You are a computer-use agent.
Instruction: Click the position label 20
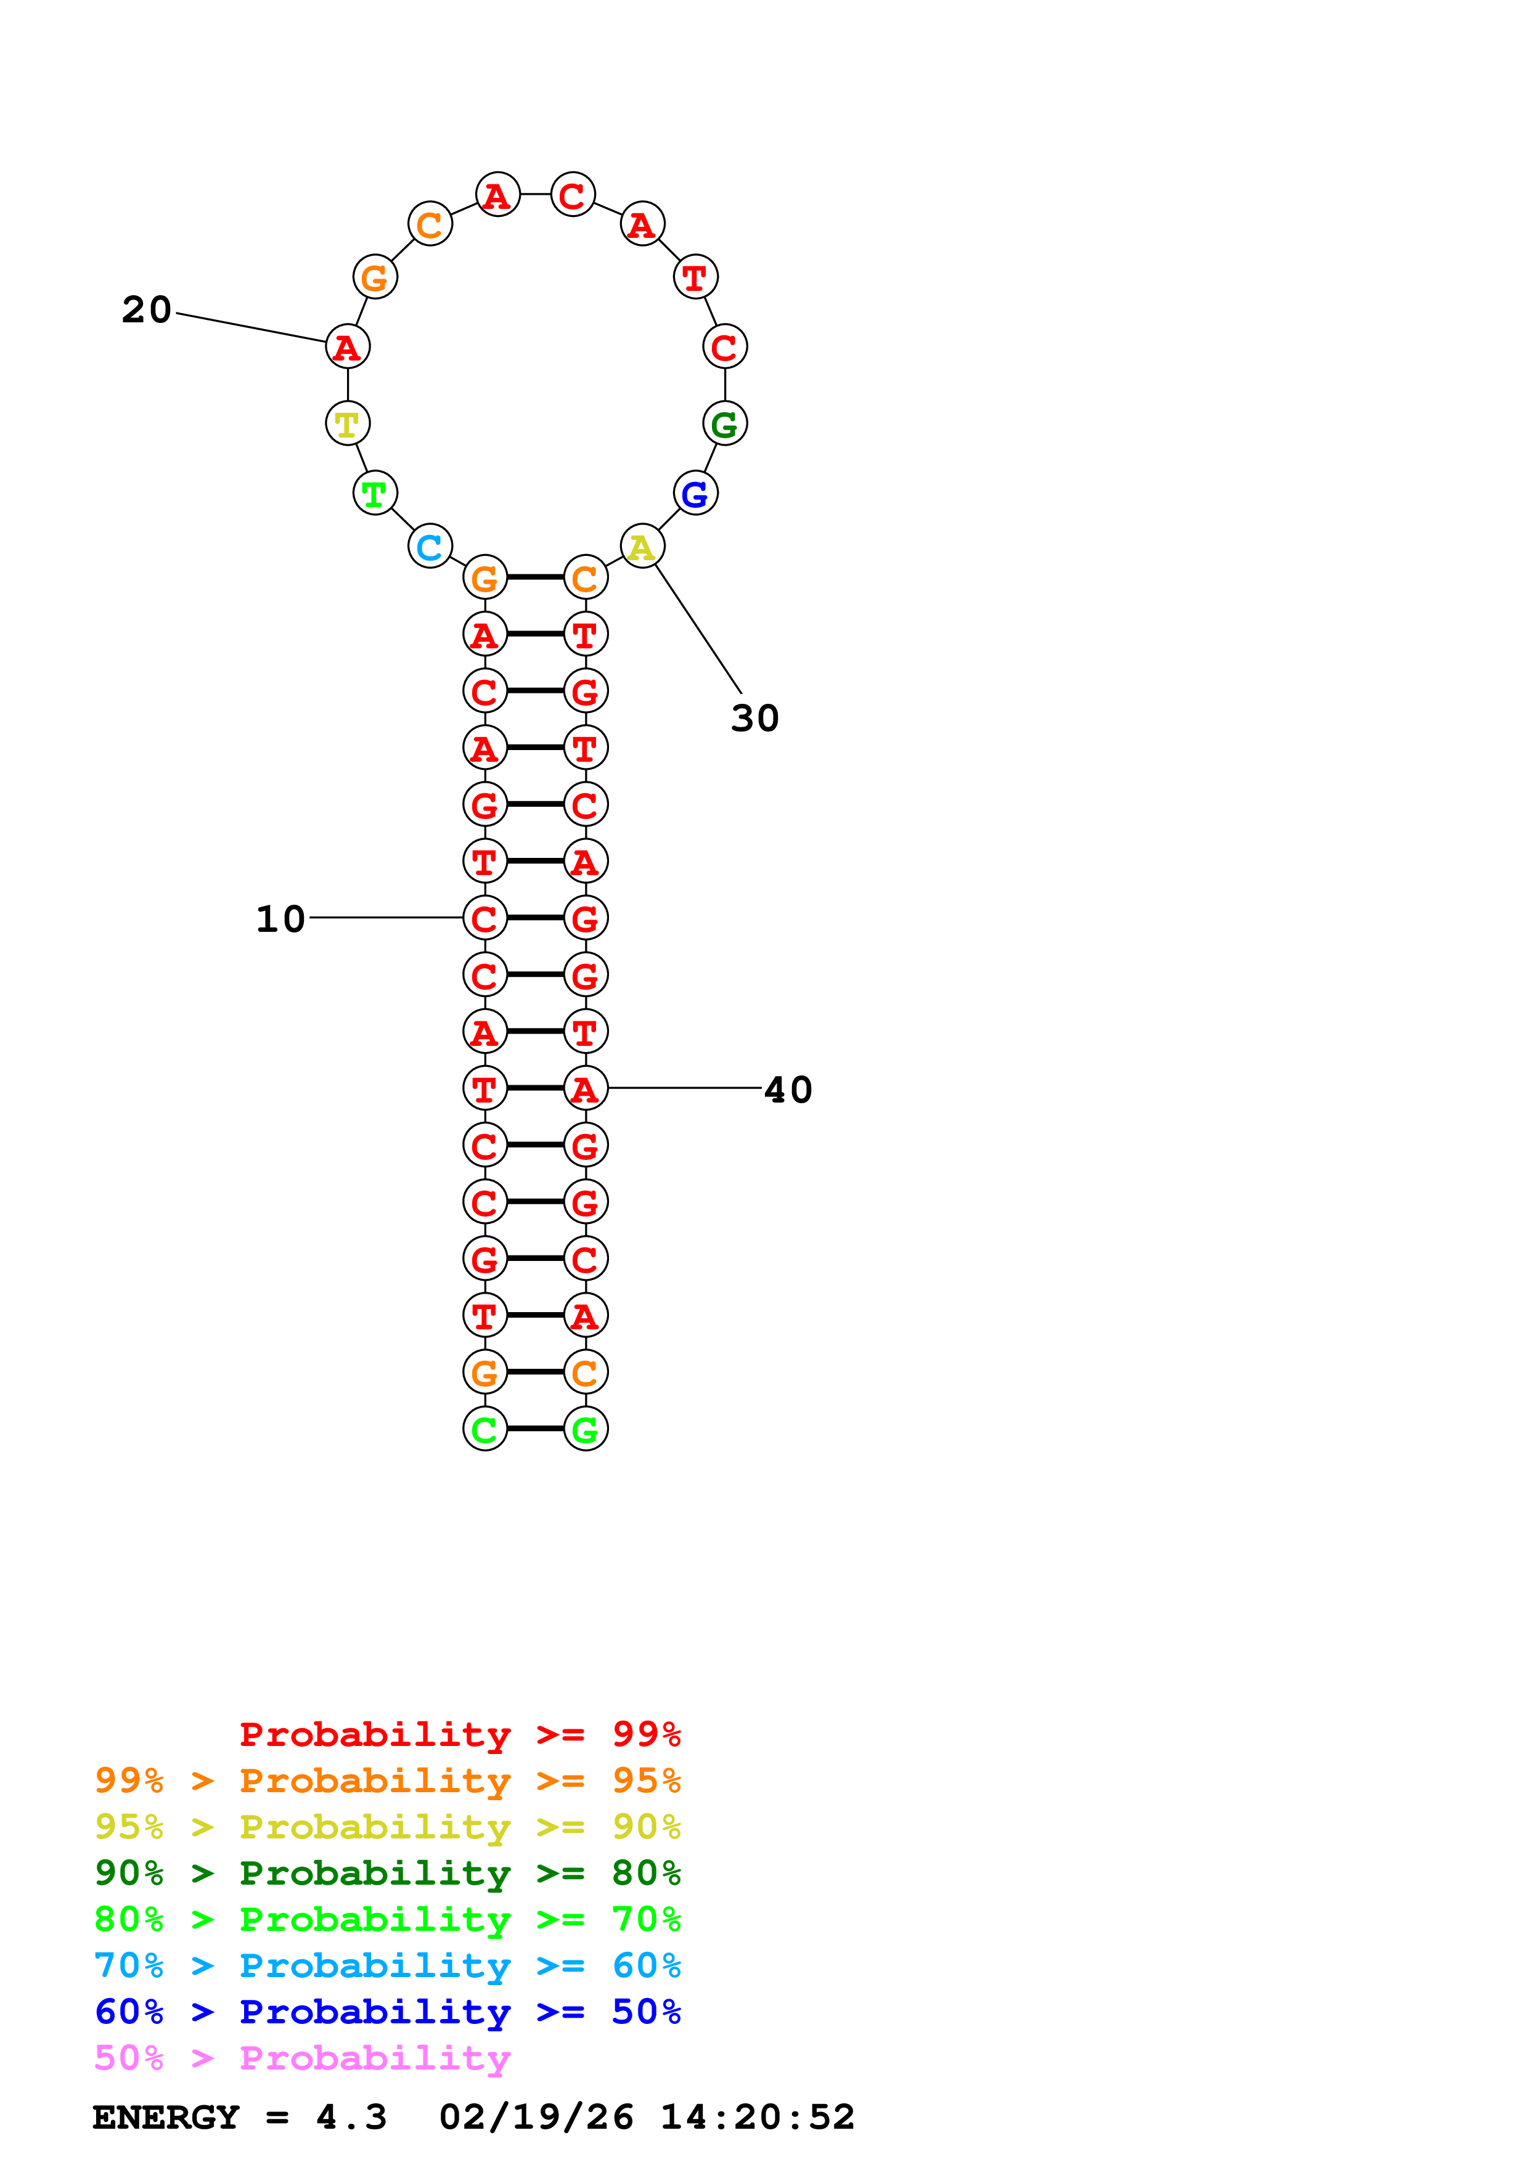click(147, 310)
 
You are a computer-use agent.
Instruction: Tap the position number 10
click(280, 919)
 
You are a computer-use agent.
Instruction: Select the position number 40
click(788, 1090)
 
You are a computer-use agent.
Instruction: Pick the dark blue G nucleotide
click(696, 494)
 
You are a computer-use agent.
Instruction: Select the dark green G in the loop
click(725, 424)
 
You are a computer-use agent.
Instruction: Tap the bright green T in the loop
click(375, 494)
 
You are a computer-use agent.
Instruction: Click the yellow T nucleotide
click(348, 424)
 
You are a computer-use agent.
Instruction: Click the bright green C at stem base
click(485, 1429)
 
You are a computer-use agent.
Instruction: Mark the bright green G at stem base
click(586, 1429)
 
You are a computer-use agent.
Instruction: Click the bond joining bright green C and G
click(535, 1429)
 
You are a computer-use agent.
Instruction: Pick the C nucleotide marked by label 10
click(485, 918)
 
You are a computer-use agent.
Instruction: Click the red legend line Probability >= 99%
click(459, 1734)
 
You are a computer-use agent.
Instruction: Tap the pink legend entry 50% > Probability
click(302, 2058)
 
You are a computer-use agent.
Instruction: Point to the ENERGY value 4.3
click(351, 2118)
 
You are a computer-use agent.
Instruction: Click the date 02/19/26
click(536, 2118)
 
